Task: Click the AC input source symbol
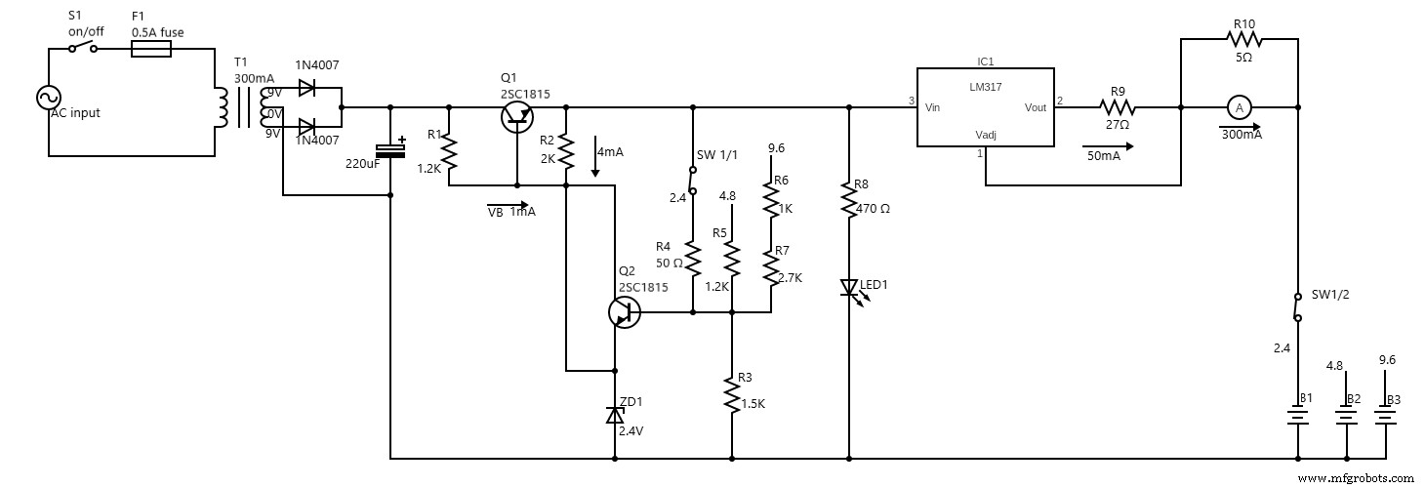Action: (48, 98)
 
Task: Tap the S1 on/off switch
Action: (84, 48)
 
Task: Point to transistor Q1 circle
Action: (516, 116)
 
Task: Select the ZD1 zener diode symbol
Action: (614, 415)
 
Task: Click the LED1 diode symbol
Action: (849, 288)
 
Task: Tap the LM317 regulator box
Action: (985, 107)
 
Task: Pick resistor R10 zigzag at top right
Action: (1244, 39)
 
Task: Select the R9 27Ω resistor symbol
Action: (1118, 107)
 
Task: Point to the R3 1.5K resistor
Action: (732, 395)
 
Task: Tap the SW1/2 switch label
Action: (1329, 295)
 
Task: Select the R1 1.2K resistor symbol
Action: (449, 151)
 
